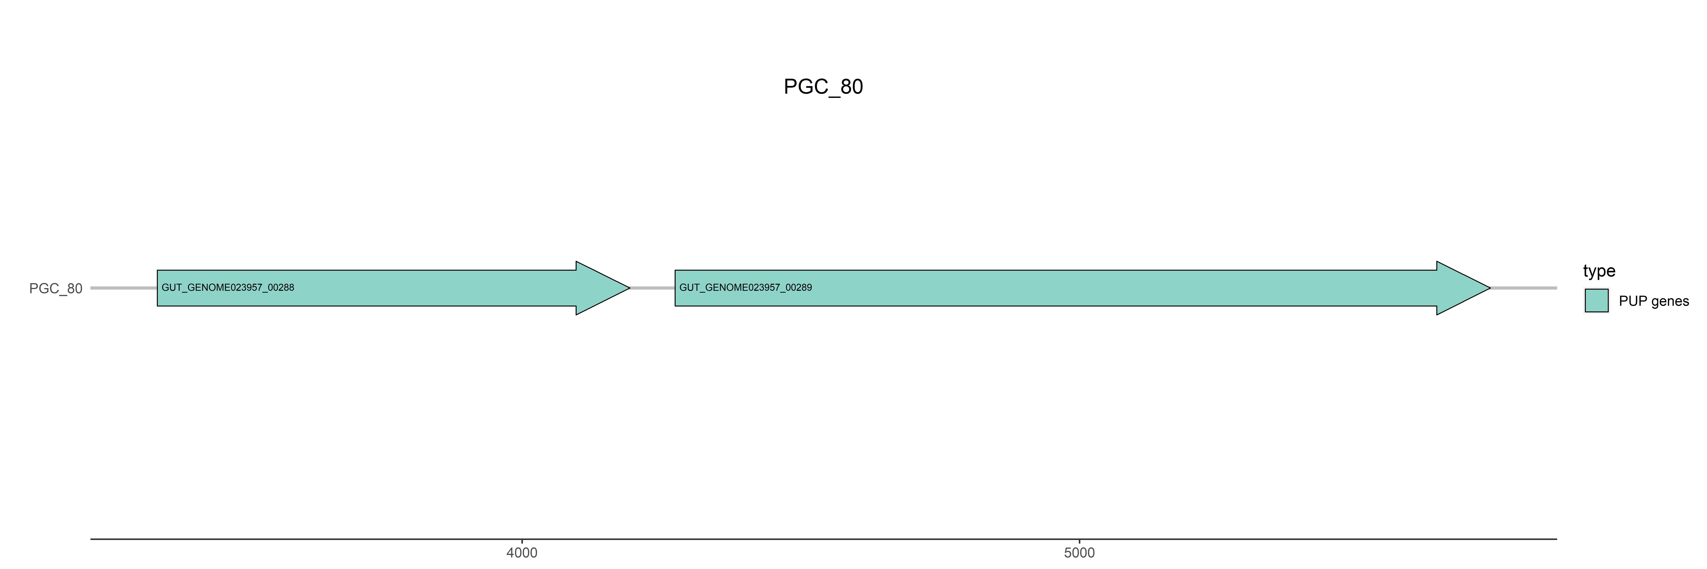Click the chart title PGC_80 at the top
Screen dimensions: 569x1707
[823, 87]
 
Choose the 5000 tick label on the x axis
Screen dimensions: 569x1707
[1079, 552]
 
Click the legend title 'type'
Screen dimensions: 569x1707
[1599, 271]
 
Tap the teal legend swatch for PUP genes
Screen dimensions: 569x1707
[1596, 301]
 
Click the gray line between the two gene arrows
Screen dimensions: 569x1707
[652, 288]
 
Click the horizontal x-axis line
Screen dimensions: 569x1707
[795, 539]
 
